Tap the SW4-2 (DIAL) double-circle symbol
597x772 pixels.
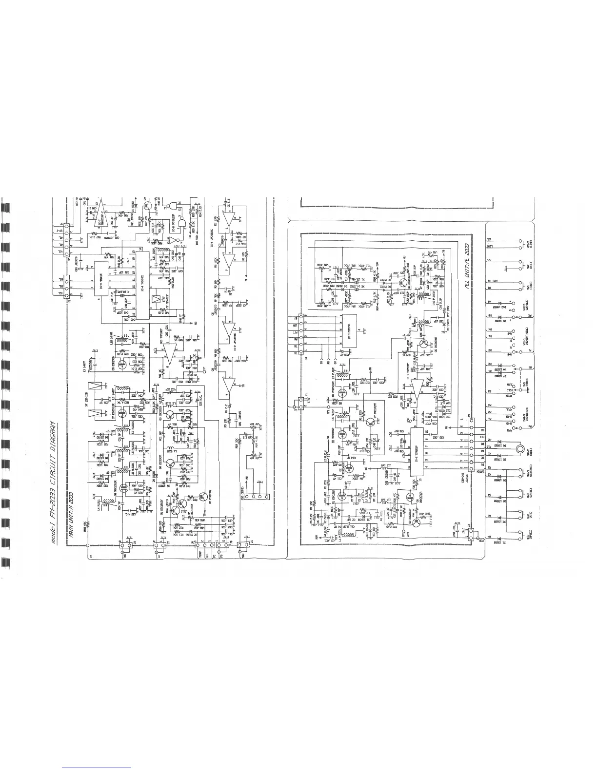pyautogui.click(x=520, y=448)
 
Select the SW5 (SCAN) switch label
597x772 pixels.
pyautogui.click(x=528, y=384)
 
